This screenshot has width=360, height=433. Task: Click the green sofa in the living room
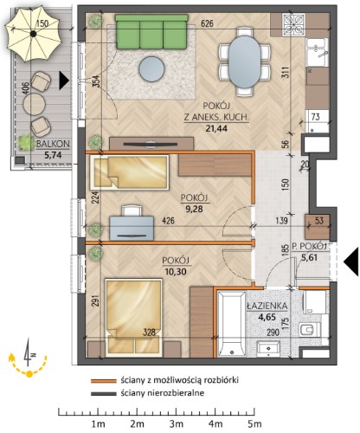click(x=151, y=32)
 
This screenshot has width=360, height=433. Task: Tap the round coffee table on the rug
click(x=151, y=69)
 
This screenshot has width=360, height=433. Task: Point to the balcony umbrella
click(x=33, y=34)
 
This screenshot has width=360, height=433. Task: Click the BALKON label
click(x=53, y=144)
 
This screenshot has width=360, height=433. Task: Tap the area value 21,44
click(x=216, y=128)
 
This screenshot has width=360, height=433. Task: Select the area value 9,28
click(x=194, y=209)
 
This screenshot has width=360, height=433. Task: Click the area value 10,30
click(x=176, y=271)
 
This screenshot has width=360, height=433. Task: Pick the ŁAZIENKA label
click(x=267, y=306)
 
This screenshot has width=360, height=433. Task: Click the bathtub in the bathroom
click(x=231, y=324)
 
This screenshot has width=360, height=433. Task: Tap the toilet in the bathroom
click(x=311, y=330)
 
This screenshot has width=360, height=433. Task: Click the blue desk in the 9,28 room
click(x=132, y=228)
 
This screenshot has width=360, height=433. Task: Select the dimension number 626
click(x=207, y=23)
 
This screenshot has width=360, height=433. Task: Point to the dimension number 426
click(x=168, y=221)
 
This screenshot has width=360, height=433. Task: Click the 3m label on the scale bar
click(x=176, y=424)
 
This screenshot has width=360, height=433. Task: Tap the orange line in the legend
click(x=103, y=381)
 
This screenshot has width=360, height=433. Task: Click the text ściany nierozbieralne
click(x=163, y=393)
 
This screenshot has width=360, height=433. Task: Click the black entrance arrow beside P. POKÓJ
click(x=350, y=262)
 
